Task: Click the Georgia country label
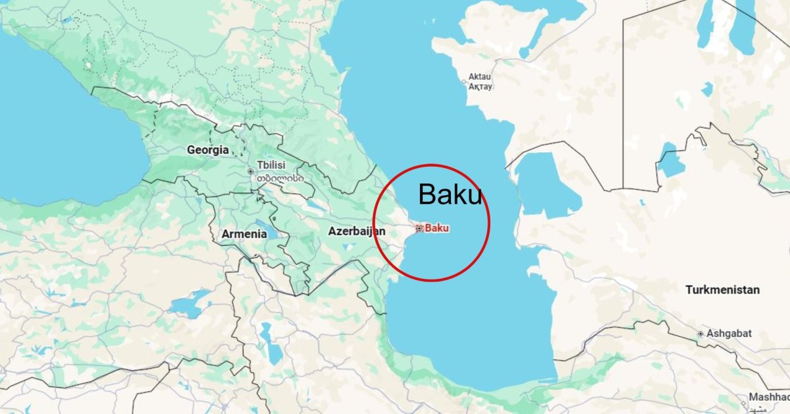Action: click(x=208, y=150)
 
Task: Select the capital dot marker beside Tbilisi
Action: click(x=250, y=171)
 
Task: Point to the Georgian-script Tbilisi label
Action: click(x=280, y=177)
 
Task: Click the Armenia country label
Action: click(x=244, y=234)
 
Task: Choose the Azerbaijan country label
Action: click(x=356, y=231)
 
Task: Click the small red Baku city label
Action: click(x=437, y=228)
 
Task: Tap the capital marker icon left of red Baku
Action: click(x=419, y=229)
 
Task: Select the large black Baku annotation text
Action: click(x=450, y=194)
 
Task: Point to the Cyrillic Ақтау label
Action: click(x=479, y=86)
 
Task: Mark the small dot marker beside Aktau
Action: click(x=464, y=82)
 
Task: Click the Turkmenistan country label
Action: click(x=722, y=289)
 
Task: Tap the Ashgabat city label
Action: click(x=729, y=334)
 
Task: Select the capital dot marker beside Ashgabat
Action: click(x=701, y=334)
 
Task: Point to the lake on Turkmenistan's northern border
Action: click(x=671, y=160)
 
